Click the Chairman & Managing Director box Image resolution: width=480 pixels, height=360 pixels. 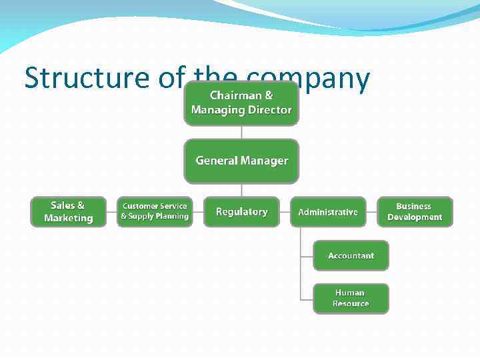(x=241, y=103)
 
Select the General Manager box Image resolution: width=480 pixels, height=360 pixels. (x=241, y=161)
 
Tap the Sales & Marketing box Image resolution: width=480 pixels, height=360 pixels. (x=68, y=211)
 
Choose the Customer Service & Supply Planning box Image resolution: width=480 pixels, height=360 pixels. (x=155, y=211)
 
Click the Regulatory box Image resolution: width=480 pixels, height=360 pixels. (x=241, y=211)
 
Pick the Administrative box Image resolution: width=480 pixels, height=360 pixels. (x=328, y=212)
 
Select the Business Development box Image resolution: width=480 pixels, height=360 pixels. (x=415, y=211)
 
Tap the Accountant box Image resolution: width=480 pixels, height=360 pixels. (x=351, y=255)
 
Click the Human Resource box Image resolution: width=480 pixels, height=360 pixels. (x=351, y=298)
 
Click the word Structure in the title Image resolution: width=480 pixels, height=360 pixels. (x=87, y=78)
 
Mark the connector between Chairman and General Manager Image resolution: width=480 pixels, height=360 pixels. (x=241, y=132)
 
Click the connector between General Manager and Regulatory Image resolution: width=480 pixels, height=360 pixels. (x=241, y=190)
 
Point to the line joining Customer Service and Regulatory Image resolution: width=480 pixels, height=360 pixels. (x=198, y=211)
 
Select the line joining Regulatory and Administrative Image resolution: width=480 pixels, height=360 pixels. (x=285, y=211)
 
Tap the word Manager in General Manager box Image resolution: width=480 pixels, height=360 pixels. (x=265, y=161)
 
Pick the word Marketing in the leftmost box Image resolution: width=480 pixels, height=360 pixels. (x=68, y=218)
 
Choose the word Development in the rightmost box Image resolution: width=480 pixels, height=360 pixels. (x=415, y=217)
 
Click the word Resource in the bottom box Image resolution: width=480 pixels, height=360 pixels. (x=351, y=304)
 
